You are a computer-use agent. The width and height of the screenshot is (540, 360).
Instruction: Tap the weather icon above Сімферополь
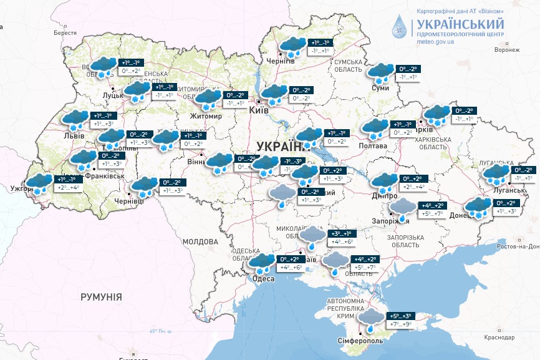pyautogui.click(x=372, y=319)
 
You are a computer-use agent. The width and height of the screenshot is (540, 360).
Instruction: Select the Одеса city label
pyautogui.click(x=263, y=279)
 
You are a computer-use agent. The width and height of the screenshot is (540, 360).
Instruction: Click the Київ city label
pyautogui.click(x=259, y=110)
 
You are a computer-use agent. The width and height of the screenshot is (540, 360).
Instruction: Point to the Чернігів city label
pyautogui.click(x=281, y=61)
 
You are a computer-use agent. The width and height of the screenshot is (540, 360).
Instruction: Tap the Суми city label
pyautogui.click(x=380, y=88)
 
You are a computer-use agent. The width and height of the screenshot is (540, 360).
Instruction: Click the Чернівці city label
pyautogui.click(x=130, y=201)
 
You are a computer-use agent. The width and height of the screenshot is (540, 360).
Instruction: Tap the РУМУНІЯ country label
pyautogui.click(x=101, y=297)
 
